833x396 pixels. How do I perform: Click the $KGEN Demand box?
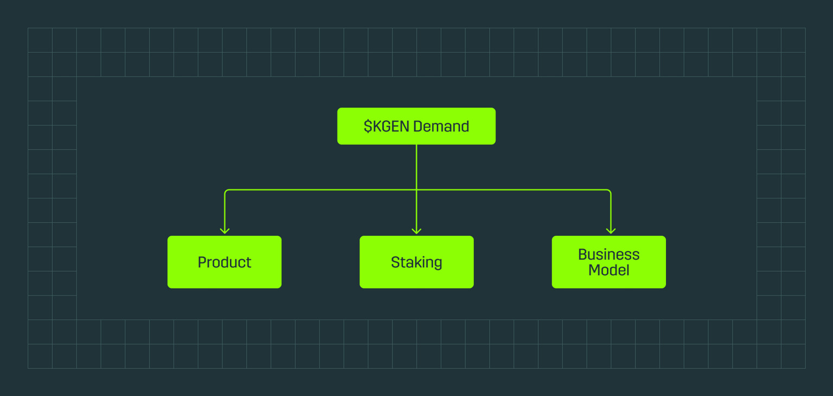(416, 126)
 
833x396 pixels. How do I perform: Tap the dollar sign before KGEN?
(368, 127)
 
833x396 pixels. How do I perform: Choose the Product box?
(224, 262)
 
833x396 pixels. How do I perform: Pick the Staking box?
(416, 262)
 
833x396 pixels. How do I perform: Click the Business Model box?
(608, 262)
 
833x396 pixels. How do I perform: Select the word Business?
(608, 254)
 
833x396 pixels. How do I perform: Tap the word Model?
(608, 270)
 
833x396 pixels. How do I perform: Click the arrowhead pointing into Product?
(225, 230)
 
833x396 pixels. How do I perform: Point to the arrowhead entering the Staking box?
(416, 230)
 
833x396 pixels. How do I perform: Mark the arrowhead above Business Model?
(611, 230)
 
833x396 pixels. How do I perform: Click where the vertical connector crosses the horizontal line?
(416, 190)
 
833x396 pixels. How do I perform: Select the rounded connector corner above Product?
(226, 191)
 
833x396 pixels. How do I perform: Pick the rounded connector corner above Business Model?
(609, 191)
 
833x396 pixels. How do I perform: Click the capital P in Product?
(202, 262)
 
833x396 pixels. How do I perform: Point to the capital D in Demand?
(418, 127)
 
